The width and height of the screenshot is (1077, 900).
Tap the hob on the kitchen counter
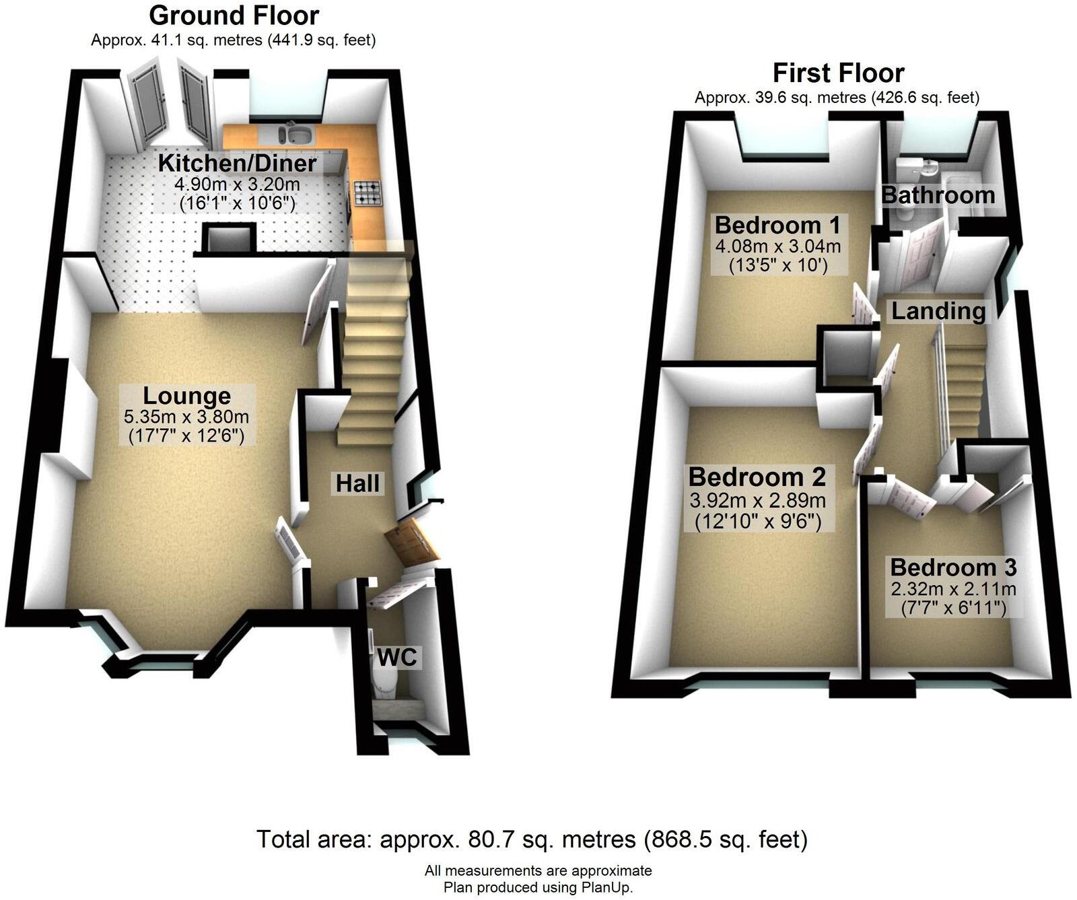[x=367, y=193]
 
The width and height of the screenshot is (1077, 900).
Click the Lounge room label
[x=186, y=396]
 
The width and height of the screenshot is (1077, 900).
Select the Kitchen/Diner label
[x=237, y=163]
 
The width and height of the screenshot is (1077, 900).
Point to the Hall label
[x=357, y=483]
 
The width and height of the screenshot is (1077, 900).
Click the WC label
[x=397, y=657]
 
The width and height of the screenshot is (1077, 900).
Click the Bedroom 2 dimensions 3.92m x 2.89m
[x=757, y=500]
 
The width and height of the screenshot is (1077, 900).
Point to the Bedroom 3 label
[x=953, y=567]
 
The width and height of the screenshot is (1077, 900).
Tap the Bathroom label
[x=938, y=195]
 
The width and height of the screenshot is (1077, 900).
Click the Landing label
[x=938, y=311]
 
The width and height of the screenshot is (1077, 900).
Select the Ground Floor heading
[x=234, y=15]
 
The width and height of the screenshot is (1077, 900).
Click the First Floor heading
[x=838, y=72]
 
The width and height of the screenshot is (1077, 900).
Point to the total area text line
[x=532, y=839]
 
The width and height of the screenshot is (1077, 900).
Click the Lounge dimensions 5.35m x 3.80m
[x=186, y=417]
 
